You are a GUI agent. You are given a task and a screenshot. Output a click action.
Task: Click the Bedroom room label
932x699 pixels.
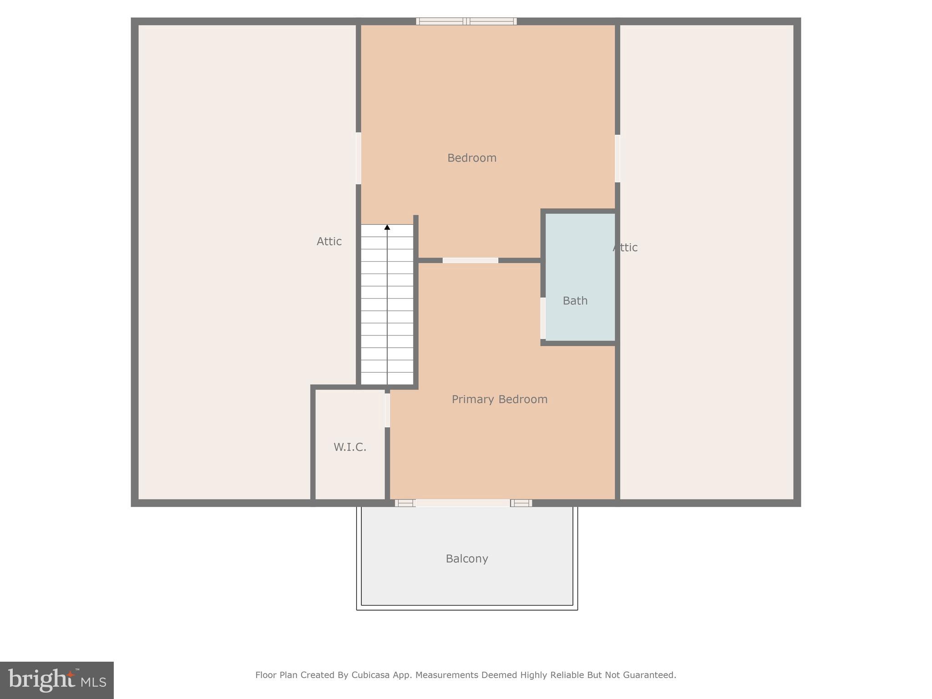click(471, 158)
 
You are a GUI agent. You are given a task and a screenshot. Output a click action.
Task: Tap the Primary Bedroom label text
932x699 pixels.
click(499, 399)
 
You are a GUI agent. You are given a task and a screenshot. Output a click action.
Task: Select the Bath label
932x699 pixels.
click(575, 301)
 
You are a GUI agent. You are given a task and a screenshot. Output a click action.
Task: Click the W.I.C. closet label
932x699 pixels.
click(349, 447)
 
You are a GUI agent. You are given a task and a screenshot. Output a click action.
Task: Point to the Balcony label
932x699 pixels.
click(466, 558)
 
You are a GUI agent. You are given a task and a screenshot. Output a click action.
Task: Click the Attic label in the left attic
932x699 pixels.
click(329, 241)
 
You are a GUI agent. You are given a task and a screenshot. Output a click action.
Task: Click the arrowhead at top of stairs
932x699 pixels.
click(387, 227)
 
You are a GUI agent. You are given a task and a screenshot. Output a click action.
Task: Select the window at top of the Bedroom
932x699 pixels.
click(466, 21)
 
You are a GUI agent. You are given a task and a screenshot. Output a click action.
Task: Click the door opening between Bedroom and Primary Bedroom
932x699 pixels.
click(470, 260)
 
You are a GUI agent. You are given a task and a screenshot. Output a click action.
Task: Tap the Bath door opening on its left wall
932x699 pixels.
click(542, 318)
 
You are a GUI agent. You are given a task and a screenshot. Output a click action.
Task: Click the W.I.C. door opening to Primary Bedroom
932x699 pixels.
click(387, 410)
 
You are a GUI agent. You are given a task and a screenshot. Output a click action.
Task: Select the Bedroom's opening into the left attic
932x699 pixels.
click(358, 158)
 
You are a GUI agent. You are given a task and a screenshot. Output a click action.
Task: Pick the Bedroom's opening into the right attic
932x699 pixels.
click(617, 158)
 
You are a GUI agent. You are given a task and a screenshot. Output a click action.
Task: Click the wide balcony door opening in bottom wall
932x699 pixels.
click(462, 503)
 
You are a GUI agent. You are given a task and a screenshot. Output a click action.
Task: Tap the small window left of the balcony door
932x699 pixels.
click(405, 503)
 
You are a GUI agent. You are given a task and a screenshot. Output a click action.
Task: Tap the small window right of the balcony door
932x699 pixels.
click(521, 503)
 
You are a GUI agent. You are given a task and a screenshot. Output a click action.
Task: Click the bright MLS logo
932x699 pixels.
click(57, 680)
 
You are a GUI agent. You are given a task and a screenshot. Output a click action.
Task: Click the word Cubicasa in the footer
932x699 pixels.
click(370, 675)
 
